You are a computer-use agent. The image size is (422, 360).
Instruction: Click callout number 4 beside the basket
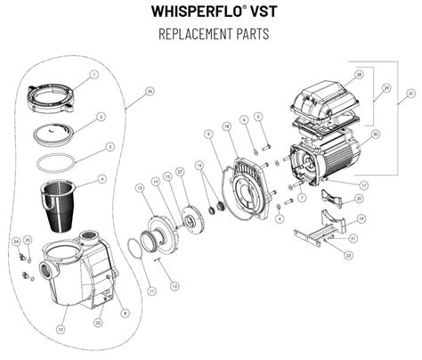coord(102,178)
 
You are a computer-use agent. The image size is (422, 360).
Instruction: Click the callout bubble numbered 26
coord(150,91)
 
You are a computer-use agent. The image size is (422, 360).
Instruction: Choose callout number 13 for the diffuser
coord(140,188)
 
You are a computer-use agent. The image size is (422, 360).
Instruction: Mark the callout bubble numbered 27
coord(180,170)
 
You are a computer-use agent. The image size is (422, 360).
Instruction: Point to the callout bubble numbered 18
coord(227,128)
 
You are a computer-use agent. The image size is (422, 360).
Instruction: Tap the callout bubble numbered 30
coord(374,135)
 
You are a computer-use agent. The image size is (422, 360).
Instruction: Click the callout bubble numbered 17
coord(363,184)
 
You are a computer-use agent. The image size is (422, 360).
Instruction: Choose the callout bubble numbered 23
coord(348,255)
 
